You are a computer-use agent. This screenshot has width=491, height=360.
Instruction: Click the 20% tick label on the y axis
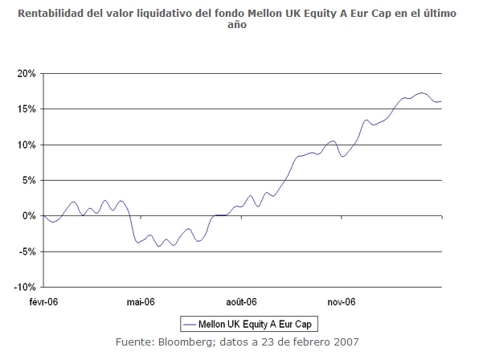click(27, 73)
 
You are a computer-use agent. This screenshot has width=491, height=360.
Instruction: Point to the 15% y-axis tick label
click(27, 108)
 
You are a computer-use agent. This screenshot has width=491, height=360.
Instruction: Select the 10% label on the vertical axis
click(27, 145)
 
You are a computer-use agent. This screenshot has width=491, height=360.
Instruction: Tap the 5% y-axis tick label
click(29, 180)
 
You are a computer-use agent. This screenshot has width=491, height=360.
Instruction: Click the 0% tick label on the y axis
click(29, 215)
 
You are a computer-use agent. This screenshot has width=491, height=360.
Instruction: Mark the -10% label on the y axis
click(25, 287)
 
